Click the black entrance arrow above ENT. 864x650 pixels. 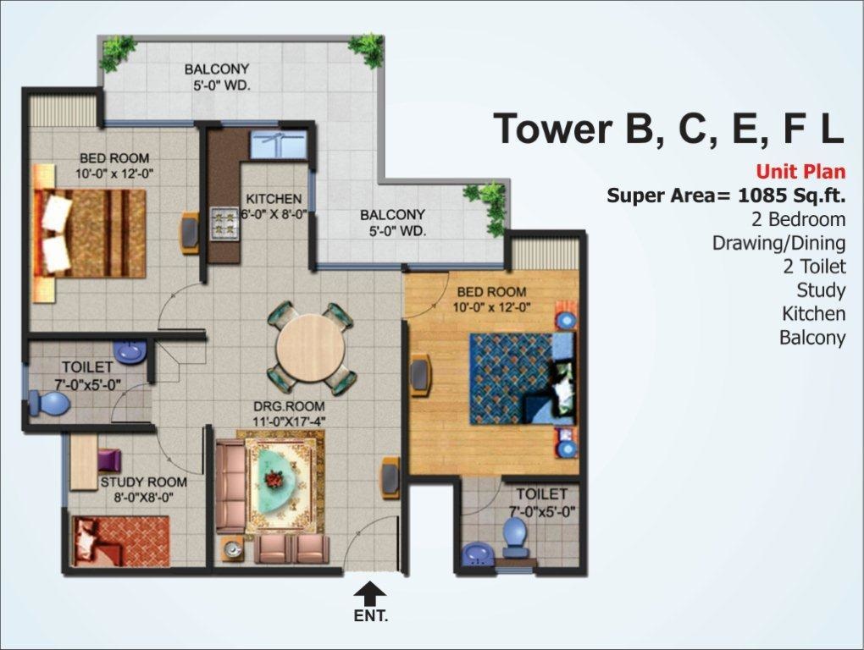coord(369,592)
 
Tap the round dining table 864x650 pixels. coord(311,347)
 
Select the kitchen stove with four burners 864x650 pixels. coord(224,224)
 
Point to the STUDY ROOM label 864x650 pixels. coord(143,482)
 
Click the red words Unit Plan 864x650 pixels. coord(800,171)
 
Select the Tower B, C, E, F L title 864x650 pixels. coord(668,128)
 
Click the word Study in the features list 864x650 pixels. coord(821,290)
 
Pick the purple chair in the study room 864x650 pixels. coord(109,460)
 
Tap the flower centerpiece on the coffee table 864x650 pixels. coord(274,479)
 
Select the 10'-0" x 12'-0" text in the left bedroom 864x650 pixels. coord(114,173)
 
